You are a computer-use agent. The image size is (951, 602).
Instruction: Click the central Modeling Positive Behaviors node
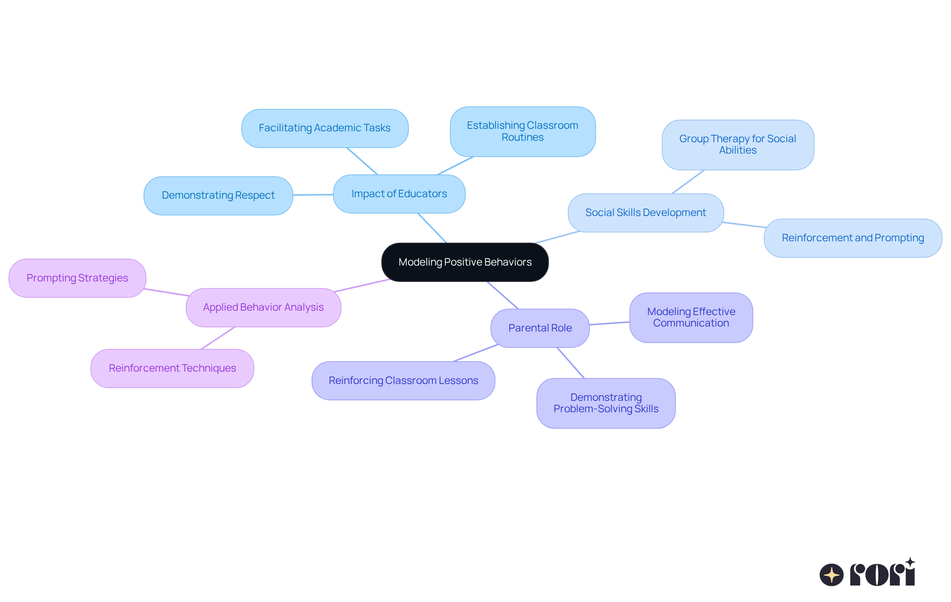[x=465, y=262]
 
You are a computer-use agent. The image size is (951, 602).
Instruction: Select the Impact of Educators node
[x=399, y=194]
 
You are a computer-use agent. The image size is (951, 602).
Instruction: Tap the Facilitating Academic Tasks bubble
[x=324, y=128]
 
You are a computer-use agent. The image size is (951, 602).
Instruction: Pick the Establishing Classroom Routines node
[x=522, y=131]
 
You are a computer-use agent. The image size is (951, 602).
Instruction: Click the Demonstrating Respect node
[x=218, y=195]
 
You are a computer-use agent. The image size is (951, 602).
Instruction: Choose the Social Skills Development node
[x=645, y=213]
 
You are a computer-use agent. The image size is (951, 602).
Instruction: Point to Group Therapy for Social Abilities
[x=738, y=145]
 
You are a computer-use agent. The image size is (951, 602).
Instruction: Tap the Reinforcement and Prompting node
[x=852, y=238]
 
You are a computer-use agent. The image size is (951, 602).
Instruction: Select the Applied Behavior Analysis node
[x=263, y=307]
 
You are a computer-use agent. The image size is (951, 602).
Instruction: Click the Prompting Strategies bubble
[x=77, y=278]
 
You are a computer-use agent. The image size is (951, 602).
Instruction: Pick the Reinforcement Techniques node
[x=172, y=368]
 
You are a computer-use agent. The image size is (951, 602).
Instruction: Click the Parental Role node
[x=540, y=328]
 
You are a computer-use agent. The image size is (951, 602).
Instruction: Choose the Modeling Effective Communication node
[x=691, y=317]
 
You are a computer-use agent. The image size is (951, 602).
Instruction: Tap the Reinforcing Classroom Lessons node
[x=403, y=381]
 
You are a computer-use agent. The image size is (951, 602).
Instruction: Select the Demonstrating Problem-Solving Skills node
[x=606, y=403]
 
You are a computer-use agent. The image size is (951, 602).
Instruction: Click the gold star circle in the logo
[x=831, y=575]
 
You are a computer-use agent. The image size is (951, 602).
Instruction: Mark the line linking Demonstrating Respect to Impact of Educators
[x=313, y=195]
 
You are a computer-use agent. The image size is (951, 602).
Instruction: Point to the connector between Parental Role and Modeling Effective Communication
[x=609, y=324]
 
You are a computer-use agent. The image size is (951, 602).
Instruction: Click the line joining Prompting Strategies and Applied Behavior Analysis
[x=166, y=292]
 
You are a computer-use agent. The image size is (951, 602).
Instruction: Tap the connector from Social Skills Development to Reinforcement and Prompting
[x=744, y=225]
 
